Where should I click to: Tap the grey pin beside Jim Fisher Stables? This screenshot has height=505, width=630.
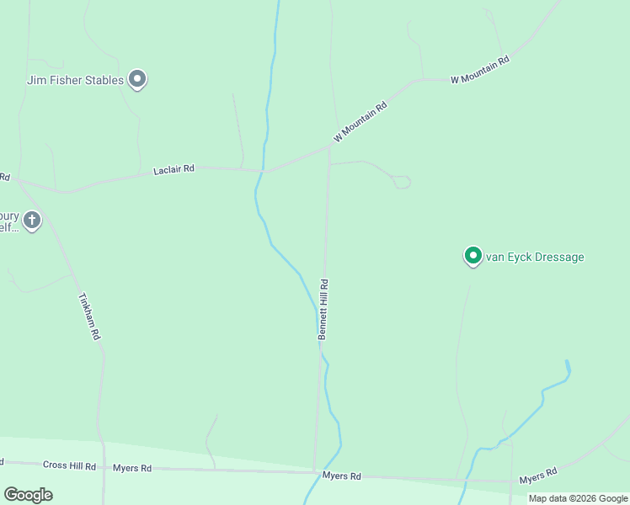[138, 79]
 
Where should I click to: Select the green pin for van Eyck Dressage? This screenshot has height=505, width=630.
[473, 255]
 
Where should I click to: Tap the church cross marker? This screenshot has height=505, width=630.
[32, 221]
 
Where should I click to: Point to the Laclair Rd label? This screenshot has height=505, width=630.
[174, 170]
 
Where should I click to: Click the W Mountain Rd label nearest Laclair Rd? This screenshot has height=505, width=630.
[360, 122]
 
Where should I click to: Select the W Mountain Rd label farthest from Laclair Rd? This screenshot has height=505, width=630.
[481, 70]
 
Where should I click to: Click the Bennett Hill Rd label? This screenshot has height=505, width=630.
[323, 310]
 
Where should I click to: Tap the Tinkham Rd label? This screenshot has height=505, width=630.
[89, 316]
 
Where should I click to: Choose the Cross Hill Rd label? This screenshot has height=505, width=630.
[69, 465]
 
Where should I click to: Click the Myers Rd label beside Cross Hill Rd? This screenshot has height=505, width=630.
[132, 468]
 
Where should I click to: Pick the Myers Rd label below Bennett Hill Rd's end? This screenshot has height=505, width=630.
[342, 476]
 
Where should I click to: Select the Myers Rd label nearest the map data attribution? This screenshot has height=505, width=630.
[537, 477]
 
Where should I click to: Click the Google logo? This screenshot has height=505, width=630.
[28, 495]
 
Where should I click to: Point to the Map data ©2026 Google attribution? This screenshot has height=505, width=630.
[578, 498]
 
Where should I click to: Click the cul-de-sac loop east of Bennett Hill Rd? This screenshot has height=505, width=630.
[402, 182]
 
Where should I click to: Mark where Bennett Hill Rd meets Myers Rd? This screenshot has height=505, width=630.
[313, 471]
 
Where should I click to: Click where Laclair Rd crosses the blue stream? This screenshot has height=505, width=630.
[264, 171]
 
